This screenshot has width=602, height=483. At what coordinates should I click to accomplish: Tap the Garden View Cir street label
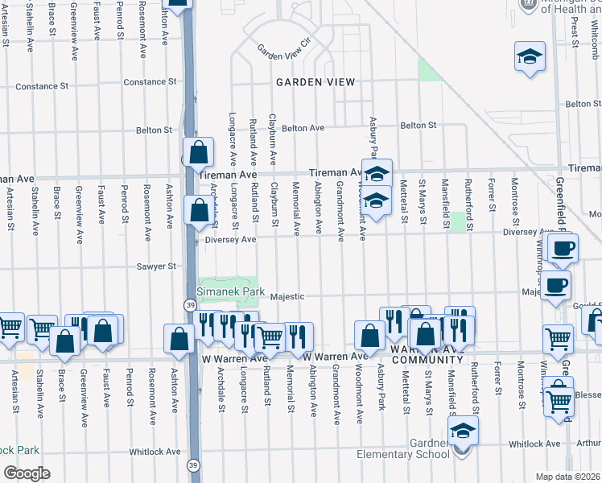283,50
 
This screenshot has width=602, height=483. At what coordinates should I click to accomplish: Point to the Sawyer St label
156,266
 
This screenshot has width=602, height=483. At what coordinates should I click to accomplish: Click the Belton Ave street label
303,128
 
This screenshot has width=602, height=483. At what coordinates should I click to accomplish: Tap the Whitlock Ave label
534,444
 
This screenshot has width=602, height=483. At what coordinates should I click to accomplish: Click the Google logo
27,473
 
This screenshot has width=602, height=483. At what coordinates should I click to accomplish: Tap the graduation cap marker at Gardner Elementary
463,433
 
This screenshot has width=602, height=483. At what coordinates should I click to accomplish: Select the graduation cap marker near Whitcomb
530,57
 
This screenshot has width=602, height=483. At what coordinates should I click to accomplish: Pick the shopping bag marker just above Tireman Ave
198,151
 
